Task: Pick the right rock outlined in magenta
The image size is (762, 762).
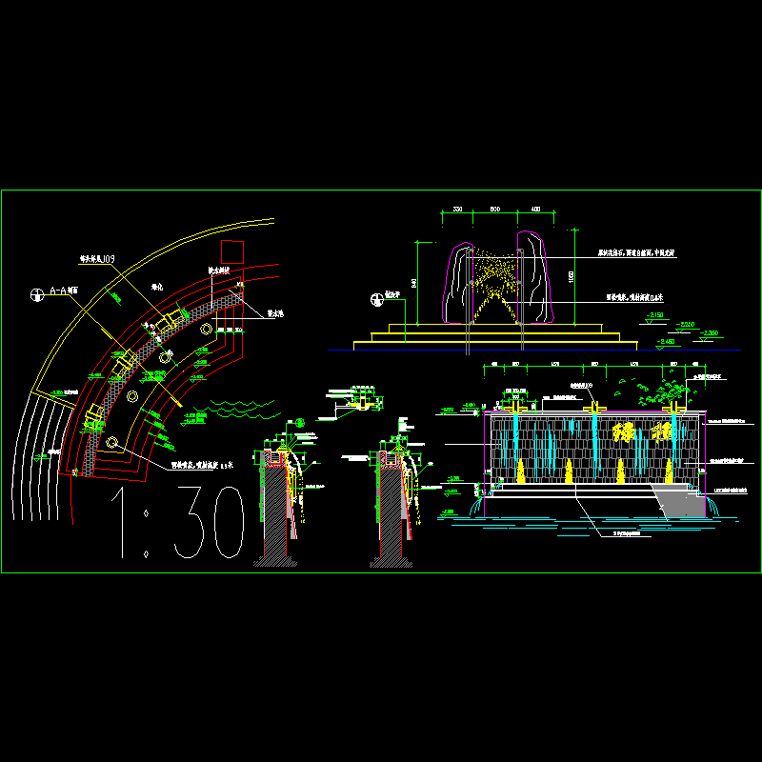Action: coord(536,276)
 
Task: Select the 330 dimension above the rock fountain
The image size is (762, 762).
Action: coord(457,210)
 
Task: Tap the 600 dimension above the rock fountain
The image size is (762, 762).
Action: coord(494,210)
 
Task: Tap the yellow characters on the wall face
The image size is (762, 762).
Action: coord(643,436)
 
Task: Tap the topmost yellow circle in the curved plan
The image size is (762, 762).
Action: coord(206,329)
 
